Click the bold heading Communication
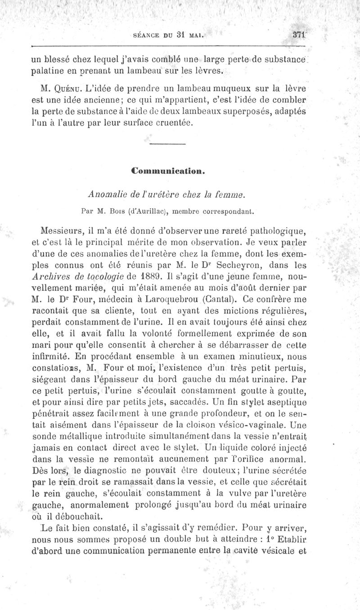click(x=167, y=171)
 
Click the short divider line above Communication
click(x=167, y=144)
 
